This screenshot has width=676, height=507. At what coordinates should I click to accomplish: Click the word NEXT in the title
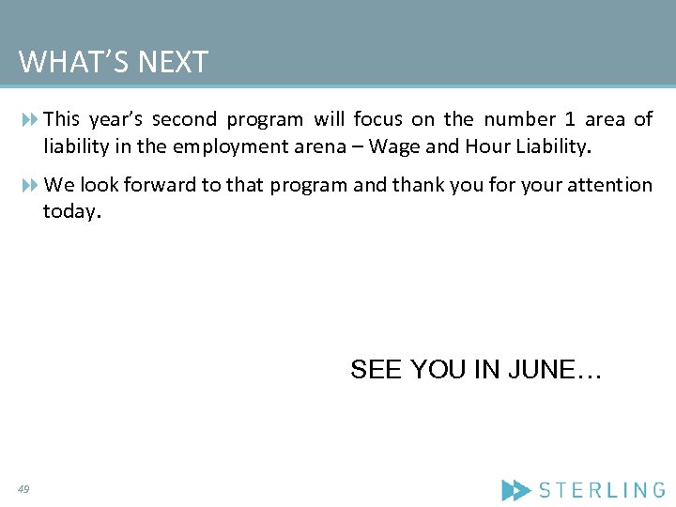click(x=173, y=63)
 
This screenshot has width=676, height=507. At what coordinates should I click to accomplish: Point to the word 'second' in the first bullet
click(x=184, y=119)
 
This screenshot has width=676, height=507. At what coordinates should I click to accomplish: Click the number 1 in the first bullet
click(x=570, y=119)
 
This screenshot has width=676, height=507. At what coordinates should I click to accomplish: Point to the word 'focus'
click(x=378, y=119)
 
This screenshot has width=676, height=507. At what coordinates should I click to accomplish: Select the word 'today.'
click(x=71, y=212)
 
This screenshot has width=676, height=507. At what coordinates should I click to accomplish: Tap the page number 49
click(x=23, y=489)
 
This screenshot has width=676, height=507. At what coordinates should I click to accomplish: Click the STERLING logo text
click(x=602, y=489)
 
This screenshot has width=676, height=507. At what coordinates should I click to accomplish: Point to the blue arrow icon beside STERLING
click(x=516, y=489)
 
